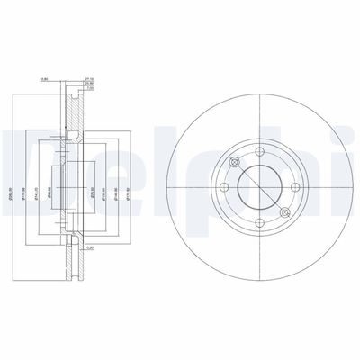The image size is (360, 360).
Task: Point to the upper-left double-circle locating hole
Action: pyautogui.click(x=235, y=162)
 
